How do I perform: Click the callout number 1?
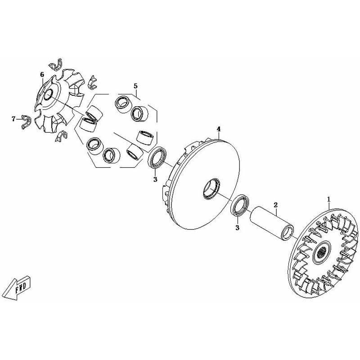(329, 199)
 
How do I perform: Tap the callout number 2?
(276, 204)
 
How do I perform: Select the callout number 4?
(219, 129)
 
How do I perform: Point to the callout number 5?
(135, 86)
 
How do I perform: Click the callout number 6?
(42, 74)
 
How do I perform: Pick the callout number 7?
(13, 119)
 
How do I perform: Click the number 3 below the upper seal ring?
(155, 179)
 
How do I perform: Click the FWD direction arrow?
(17, 287)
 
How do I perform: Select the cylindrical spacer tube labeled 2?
(272, 222)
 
